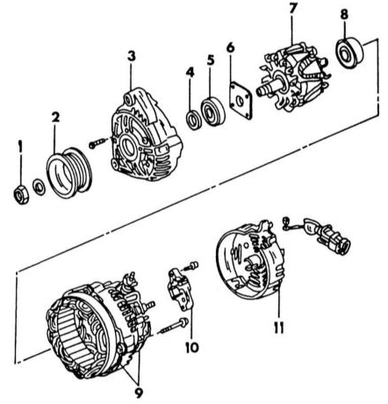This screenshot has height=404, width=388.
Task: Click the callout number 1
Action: [20, 146]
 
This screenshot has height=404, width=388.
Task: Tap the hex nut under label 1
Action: [21, 195]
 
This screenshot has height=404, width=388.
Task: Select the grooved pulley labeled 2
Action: [69, 173]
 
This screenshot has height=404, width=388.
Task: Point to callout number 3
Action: [132, 56]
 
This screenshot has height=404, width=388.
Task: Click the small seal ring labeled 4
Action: [194, 120]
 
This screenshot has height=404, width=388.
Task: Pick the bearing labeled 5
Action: [213, 111]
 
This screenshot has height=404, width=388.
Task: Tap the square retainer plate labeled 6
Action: [241, 101]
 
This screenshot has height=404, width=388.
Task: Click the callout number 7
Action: [293, 10]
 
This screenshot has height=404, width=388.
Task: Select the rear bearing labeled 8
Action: [349, 53]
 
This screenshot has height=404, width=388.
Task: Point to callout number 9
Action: [139, 393]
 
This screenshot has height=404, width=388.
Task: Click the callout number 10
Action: [192, 347]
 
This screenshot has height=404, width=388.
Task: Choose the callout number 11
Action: [279, 328]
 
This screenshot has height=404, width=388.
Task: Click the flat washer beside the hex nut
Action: [39, 188]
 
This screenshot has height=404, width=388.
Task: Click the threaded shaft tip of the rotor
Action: [262, 90]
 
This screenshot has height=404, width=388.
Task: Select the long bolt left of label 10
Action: [175, 326]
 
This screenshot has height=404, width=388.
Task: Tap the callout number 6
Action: [231, 47]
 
